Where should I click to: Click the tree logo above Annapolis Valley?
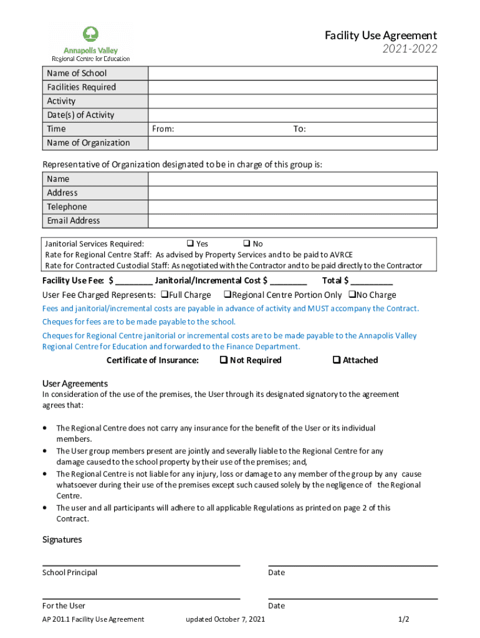point(90,35)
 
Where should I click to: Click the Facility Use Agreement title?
point(380,36)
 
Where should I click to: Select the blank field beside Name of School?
point(292,74)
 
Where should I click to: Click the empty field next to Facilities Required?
point(292,87)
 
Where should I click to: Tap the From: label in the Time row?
point(163,129)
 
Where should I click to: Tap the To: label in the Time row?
point(300,129)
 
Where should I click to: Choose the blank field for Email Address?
point(292,221)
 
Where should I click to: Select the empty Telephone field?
point(292,207)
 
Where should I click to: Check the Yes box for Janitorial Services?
point(190,244)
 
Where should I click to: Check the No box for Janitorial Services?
point(246,244)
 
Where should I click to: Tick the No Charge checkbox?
point(352,295)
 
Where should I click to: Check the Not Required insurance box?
point(223,360)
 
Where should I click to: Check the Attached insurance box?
point(337,360)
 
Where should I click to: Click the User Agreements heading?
point(75,384)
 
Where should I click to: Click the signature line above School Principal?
point(141,565)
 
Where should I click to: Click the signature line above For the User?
point(141,598)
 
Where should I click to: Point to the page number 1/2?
point(404,619)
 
